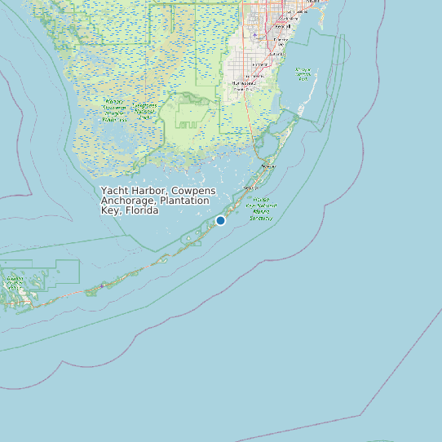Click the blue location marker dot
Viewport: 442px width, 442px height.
pos(220,220)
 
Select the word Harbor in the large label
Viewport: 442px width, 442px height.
pos(148,191)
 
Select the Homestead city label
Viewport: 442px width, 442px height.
pos(243,82)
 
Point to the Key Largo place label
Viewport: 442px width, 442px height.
pos(266,166)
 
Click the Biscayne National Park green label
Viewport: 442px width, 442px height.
pos(303,74)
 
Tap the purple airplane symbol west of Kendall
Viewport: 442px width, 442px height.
pos(255,35)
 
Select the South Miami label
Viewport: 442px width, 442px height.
pos(287,18)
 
